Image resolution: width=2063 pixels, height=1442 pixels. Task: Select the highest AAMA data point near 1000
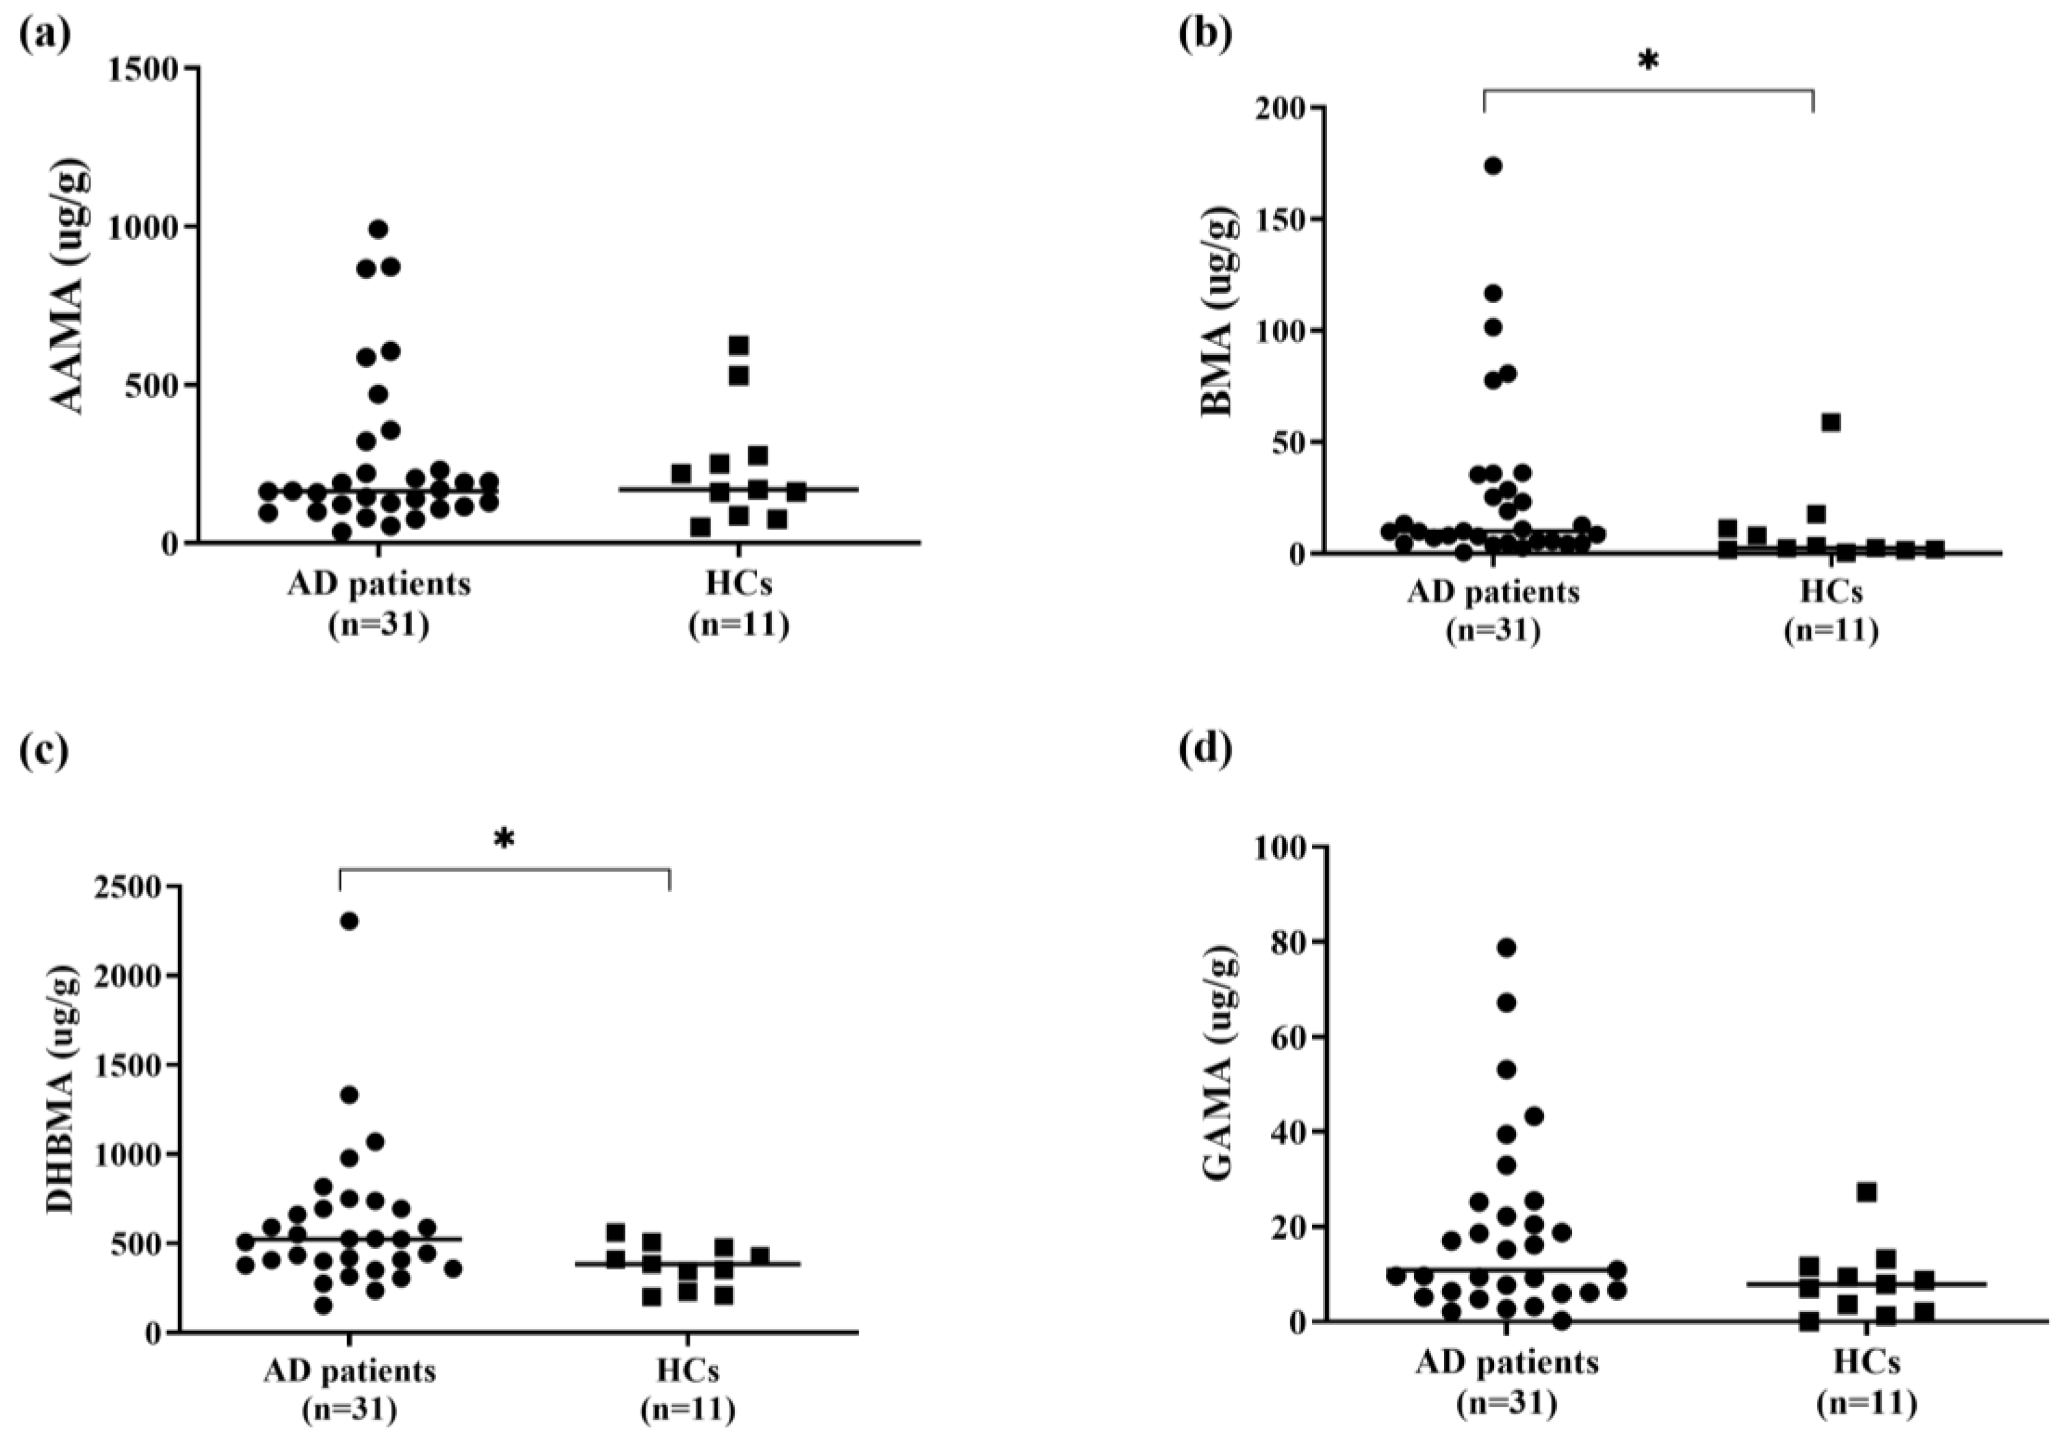click(x=379, y=229)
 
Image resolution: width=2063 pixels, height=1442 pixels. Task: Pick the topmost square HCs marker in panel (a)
click(x=739, y=345)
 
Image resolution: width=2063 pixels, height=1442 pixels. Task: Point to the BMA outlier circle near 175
click(x=1493, y=165)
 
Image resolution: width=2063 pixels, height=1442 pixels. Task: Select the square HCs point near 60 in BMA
click(x=1831, y=423)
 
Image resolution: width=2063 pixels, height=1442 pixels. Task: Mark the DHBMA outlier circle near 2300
click(x=350, y=921)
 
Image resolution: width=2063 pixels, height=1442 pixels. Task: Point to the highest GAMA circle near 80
click(x=1507, y=947)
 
